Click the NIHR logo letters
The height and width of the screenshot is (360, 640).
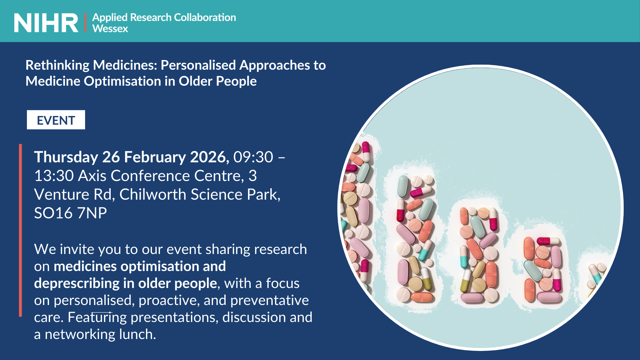(46, 23)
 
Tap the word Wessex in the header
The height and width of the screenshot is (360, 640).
(110, 29)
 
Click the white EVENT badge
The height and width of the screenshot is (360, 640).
(56, 120)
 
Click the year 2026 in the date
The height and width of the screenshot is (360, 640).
(210, 157)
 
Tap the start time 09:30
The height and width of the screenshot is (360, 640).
(253, 157)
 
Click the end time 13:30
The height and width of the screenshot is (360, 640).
(54, 176)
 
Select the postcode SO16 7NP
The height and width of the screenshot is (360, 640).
(71, 213)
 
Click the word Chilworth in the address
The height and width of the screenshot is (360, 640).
(153, 194)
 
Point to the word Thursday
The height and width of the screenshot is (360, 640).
(66, 157)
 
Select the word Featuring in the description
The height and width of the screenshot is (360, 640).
(97, 318)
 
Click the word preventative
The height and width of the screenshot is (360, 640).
(270, 301)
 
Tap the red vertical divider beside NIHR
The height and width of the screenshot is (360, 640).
(86, 23)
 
